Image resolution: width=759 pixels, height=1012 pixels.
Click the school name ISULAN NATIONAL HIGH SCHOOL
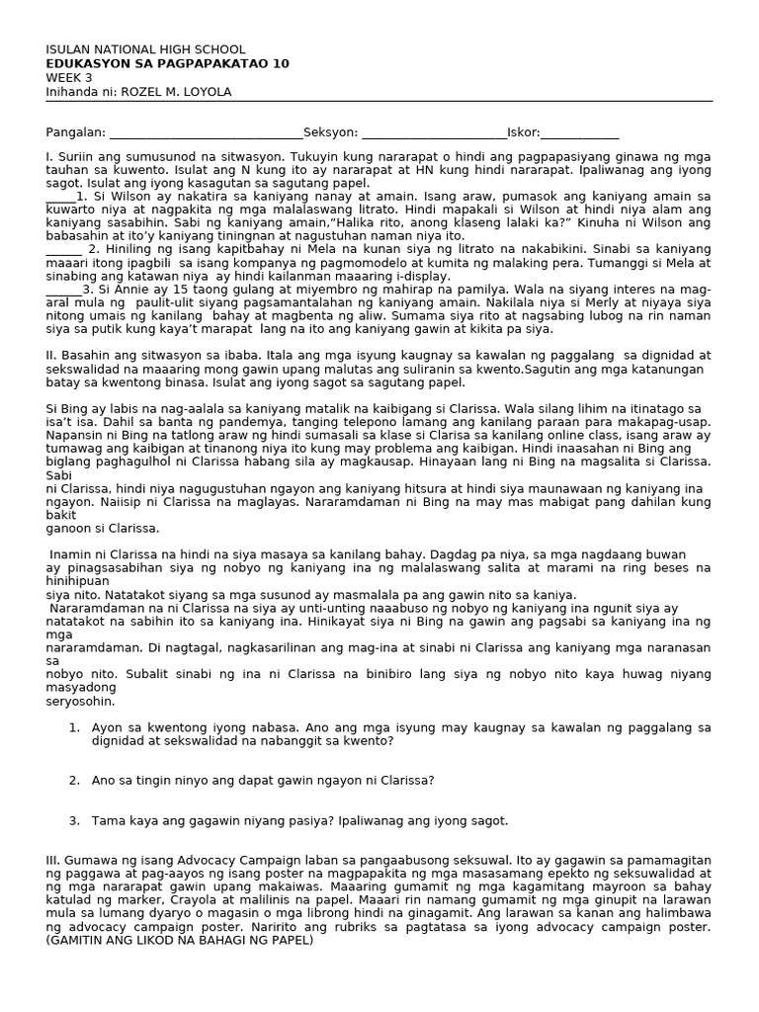pos(145,49)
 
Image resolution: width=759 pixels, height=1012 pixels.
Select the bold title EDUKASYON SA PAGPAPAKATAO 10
pos(167,63)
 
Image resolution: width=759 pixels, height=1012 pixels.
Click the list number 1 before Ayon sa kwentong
pos(73,726)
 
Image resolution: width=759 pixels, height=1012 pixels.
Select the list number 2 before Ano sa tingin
pos(73,780)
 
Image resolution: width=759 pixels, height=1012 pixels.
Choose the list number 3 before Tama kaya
pos(73,820)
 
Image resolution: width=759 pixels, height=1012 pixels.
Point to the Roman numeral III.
pos(52,861)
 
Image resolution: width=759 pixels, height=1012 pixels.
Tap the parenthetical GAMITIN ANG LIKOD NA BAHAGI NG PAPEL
pos(179,940)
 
